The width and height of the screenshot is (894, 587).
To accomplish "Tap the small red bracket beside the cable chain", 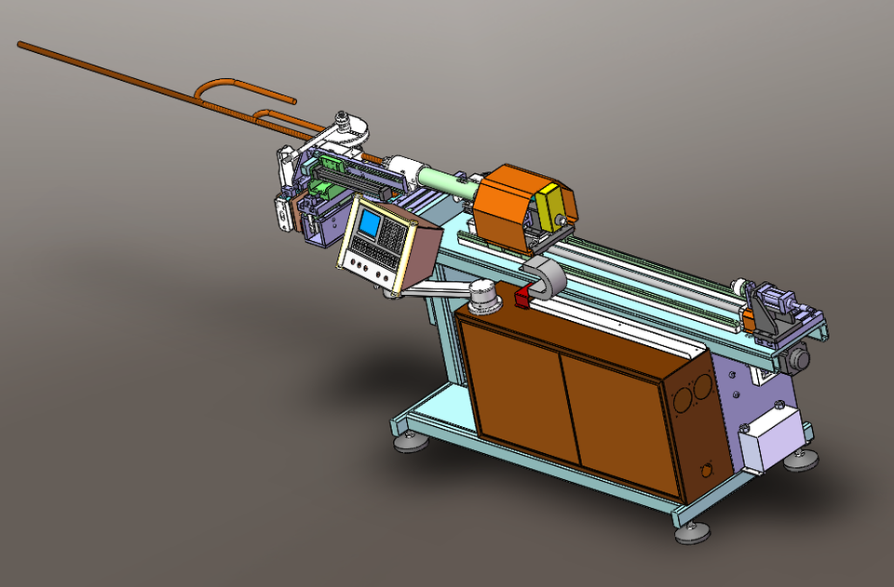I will click(x=521, y=298).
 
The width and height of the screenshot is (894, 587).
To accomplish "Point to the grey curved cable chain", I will click(x=549, y=276).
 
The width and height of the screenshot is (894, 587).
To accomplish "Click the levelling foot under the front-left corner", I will click(x=411, y=441).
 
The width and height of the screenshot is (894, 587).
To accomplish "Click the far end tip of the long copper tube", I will click(x=20, y=43).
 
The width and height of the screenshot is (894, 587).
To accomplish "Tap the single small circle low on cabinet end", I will click(x=706, y=470).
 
